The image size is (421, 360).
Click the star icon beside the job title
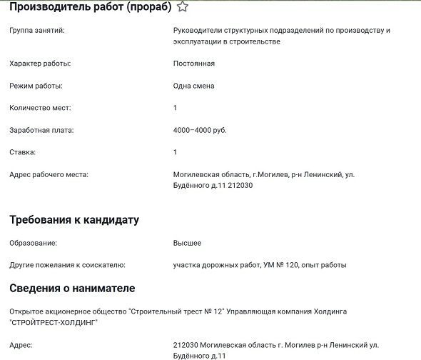pos(183,7)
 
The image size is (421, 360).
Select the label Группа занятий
pos(37,31)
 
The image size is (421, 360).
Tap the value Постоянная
pos(193,64)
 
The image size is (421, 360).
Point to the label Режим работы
pos(36,86)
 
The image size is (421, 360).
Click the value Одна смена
pos(193,86)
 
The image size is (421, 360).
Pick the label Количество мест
pos(40,108)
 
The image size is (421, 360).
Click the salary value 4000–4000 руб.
pos(199,130)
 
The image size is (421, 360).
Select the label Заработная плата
pos(41,130)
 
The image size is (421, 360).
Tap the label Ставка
pos(22,152)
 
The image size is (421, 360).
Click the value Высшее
pos(187,243)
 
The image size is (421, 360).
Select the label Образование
pos(32,243)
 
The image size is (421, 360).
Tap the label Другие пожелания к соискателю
pos(67,265)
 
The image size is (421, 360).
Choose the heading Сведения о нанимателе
pos(72,289)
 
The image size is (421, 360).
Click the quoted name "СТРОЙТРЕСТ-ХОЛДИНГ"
pos(54,322)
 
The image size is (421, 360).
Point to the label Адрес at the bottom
pos(21,344)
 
